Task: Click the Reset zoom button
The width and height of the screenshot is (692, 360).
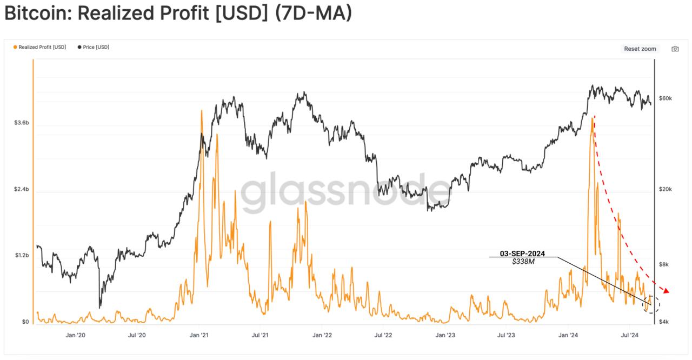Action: click(640, 49)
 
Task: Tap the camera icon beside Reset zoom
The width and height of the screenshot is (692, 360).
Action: click(675, 49)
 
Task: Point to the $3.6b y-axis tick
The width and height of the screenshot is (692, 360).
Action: click(22, 123)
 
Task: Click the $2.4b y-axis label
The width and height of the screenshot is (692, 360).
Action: click(22, 190)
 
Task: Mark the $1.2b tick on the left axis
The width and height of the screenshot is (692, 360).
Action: click(22, 256)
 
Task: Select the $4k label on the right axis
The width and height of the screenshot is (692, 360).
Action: click(664, 322)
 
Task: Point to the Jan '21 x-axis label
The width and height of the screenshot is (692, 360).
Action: click(199, 336)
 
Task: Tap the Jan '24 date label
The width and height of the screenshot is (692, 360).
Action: click(568, 336)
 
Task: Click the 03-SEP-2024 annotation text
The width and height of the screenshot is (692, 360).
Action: click(522, 253)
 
